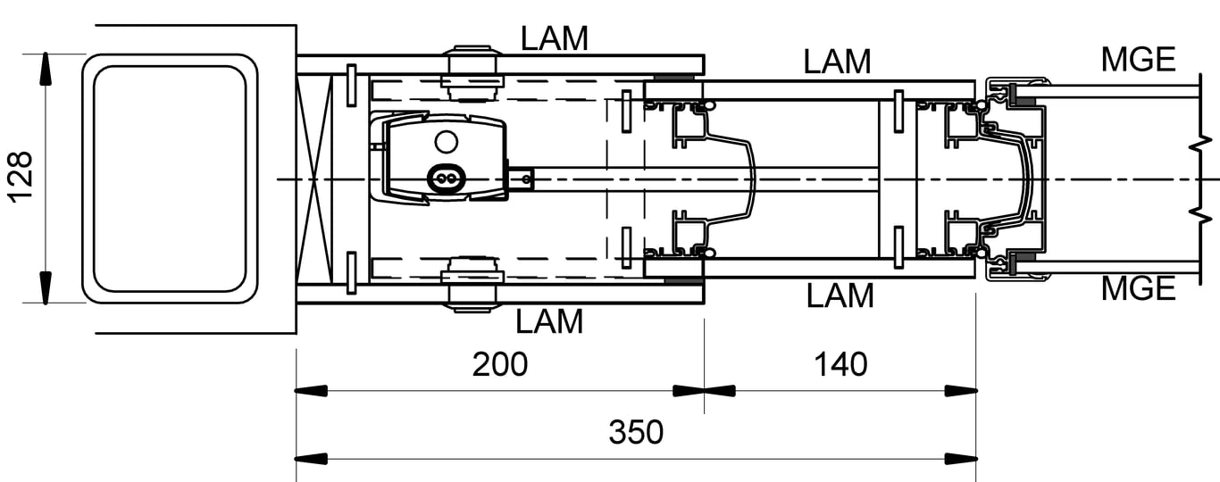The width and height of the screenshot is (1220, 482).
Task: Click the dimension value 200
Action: [499, 364]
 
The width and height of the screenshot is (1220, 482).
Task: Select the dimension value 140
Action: [840, 364]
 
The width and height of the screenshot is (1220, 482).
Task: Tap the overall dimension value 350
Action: [636, 432]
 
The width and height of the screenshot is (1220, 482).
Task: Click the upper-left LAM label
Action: [555, 38]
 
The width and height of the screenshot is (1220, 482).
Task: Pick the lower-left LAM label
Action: [549, 321]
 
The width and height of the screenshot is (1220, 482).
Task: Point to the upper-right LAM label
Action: [837, 62]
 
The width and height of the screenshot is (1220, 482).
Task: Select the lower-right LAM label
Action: [840, 295]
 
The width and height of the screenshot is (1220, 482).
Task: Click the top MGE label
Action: [1138, 59]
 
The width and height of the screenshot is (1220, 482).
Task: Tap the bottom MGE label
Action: [1138, 288]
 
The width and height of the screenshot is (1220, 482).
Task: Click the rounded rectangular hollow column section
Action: [170, 179]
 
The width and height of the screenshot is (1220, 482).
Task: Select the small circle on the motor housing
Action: [446, 141]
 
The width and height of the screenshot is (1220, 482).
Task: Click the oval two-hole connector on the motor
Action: [446, 179]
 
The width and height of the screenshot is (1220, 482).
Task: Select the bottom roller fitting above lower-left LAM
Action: [472, 284]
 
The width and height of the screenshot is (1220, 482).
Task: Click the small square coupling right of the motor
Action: [521, 179]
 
